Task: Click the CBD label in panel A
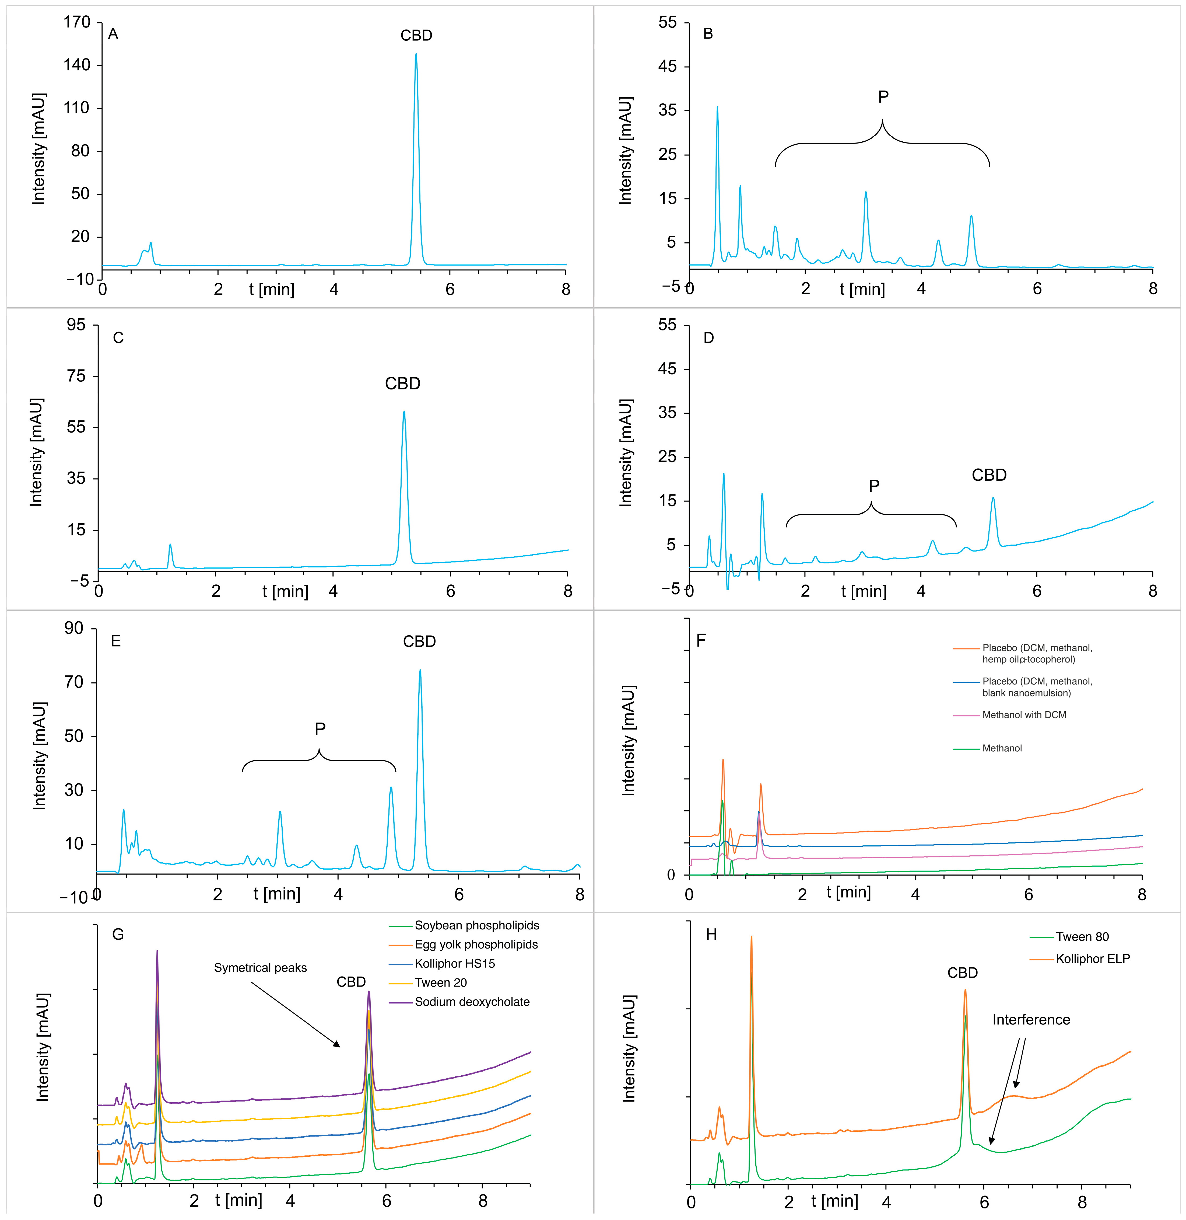click(416, 36)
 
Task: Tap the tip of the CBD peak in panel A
click(416, 54)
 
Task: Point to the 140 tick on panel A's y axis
click(77, 65)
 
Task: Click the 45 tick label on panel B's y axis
click(667, 67)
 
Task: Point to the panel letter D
click(708, 338)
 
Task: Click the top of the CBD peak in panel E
click(420, 670)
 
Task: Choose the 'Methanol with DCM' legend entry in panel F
click(1024, 715)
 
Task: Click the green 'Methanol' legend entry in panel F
click(1002, 748)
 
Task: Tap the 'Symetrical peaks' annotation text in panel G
click(260, 968)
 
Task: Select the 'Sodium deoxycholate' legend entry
click(472, 1002)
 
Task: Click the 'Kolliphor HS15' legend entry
click(455, 963)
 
